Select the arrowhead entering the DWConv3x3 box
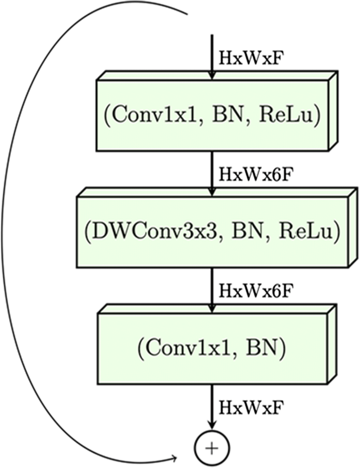coord(211,192)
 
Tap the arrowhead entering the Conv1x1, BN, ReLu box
coord(211,75)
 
